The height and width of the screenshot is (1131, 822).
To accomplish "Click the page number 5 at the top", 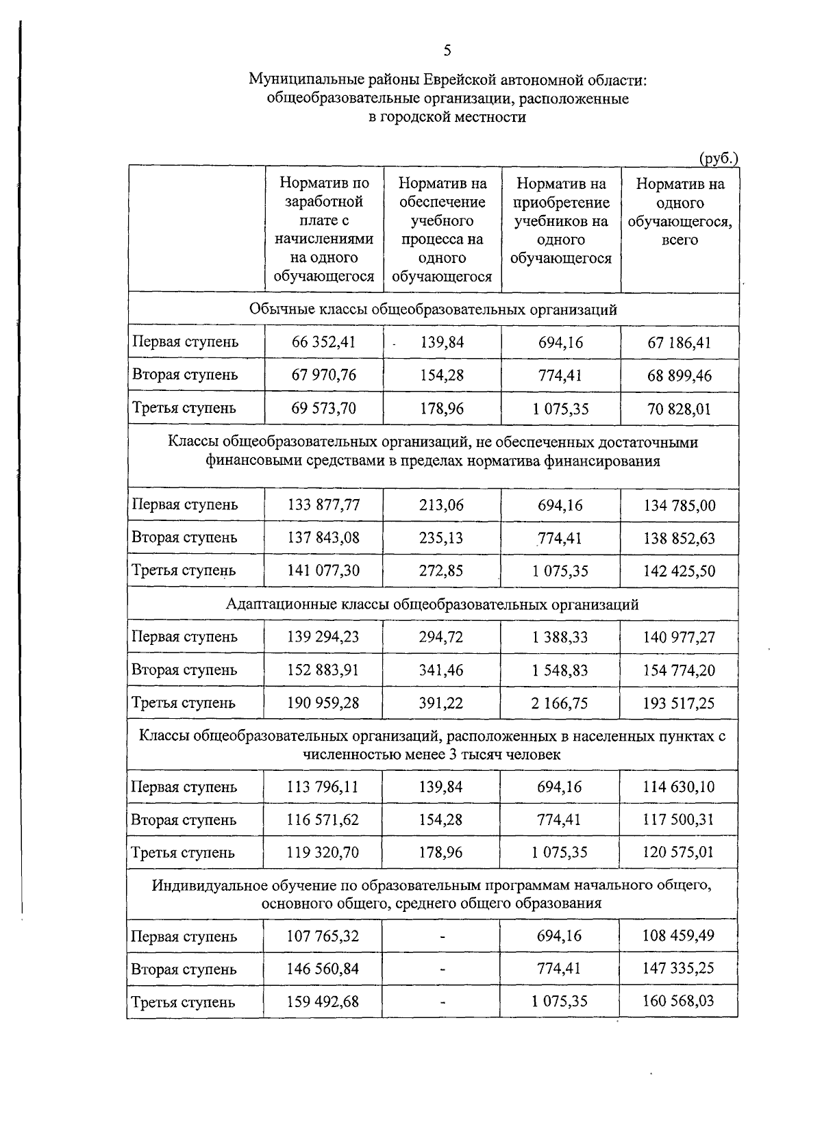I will [447, 51].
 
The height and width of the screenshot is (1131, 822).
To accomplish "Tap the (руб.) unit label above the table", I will [718, 158].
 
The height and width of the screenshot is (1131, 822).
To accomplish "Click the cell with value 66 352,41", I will [323, 342].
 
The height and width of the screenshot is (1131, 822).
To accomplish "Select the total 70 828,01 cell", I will [680, 409].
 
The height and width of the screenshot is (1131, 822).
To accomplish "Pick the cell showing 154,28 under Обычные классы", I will [442, 374].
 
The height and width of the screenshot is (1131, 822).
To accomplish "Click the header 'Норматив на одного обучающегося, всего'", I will [680, 212].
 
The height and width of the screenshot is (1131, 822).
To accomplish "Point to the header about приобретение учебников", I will [561, 220].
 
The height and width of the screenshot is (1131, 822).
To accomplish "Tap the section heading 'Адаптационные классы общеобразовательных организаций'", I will [432, 605].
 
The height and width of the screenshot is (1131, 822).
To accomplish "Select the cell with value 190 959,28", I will [323, 702].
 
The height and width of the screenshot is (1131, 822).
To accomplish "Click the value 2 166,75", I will [560, 702].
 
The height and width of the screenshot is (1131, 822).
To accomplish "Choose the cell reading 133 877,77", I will [323, 505].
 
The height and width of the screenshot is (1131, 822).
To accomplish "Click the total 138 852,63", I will [679, 538].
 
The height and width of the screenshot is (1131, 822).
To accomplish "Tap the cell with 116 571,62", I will [323, 819].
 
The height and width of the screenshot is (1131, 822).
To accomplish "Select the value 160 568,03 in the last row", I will [678, 1001].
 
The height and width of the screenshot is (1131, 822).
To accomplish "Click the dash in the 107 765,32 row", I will [443, 936].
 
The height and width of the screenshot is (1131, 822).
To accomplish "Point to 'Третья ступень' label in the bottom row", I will [184, 1002].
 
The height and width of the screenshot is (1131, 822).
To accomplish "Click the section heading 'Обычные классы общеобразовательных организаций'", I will [433, 309].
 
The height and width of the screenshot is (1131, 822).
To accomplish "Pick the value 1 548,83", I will [560, 670].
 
